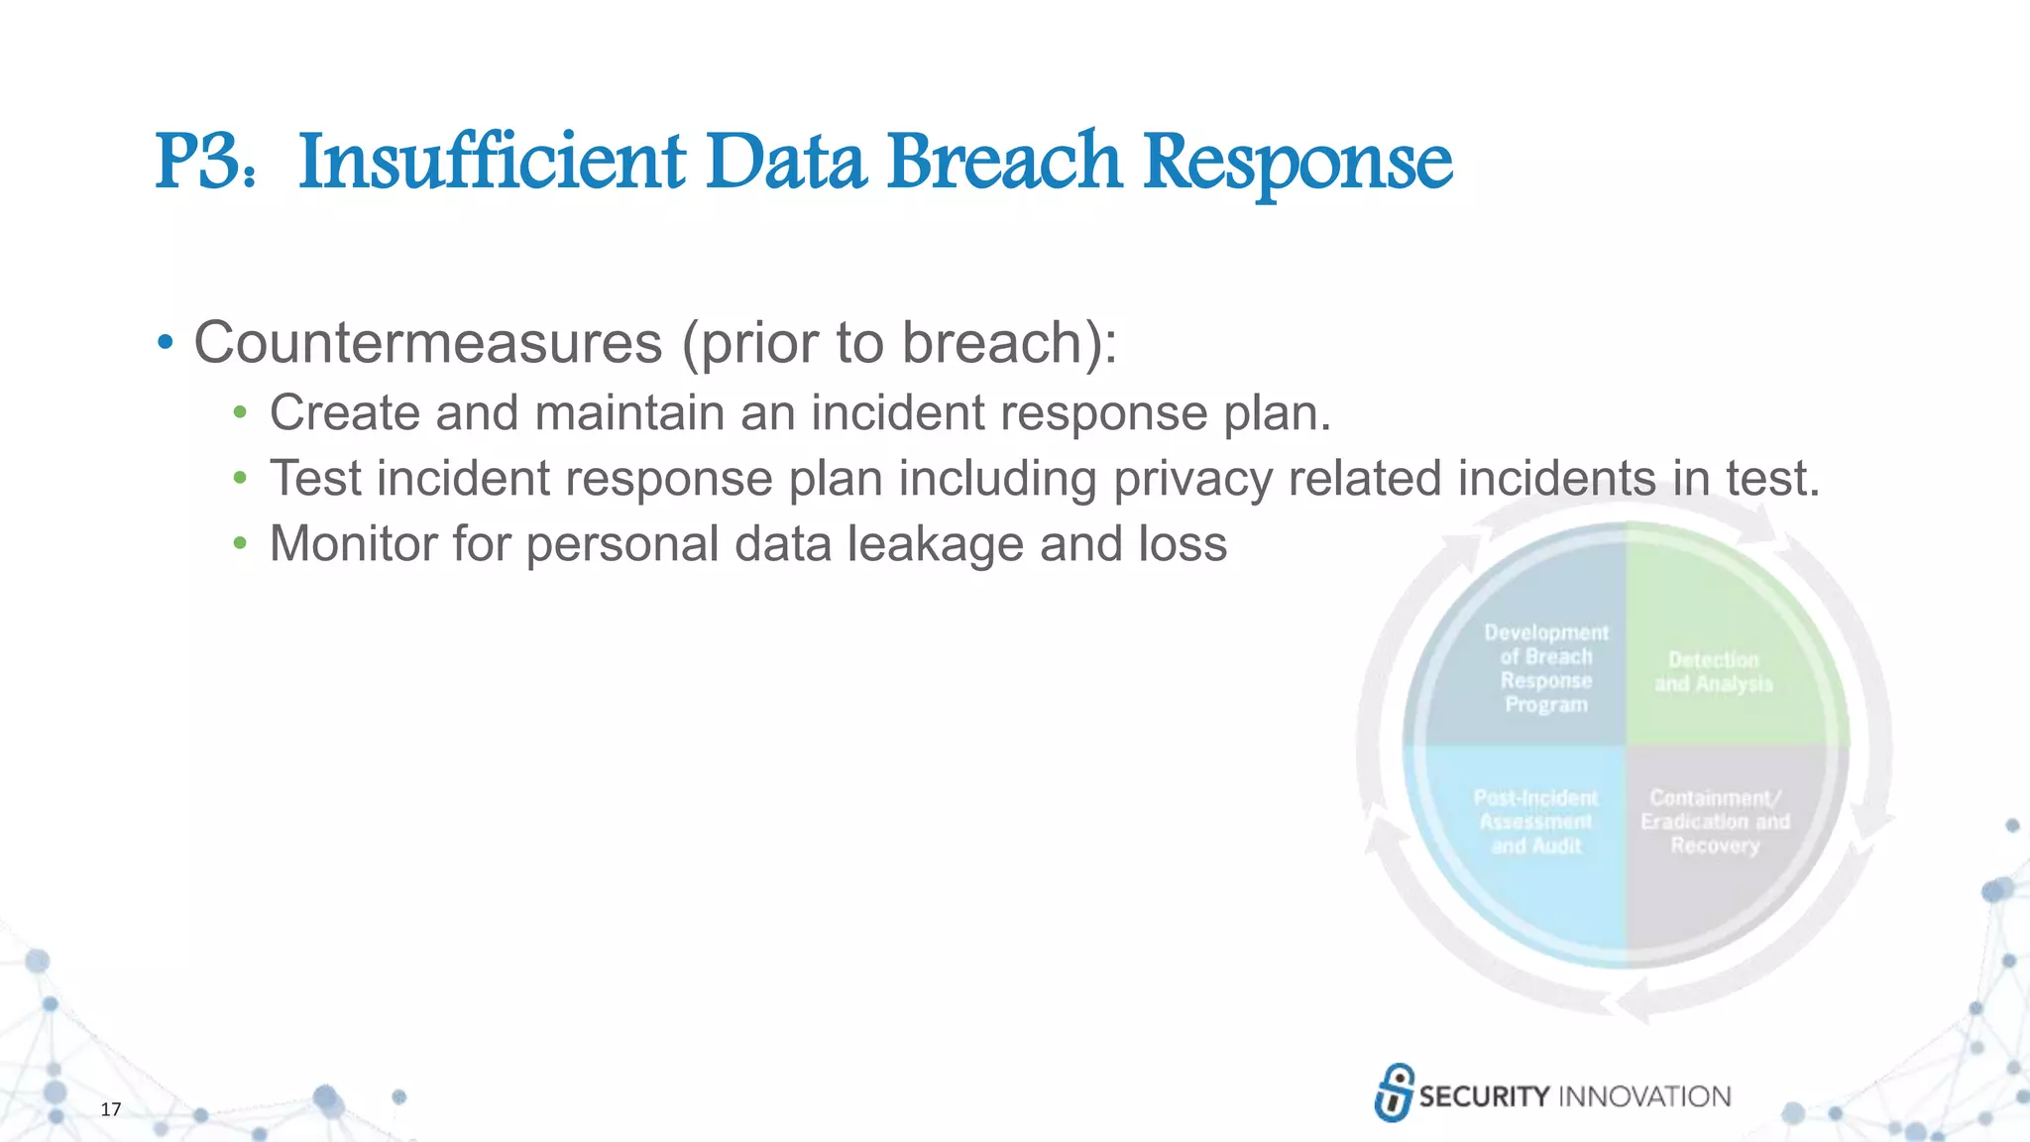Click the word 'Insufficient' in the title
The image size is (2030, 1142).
(492, 163)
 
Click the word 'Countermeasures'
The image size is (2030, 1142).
(427, 343)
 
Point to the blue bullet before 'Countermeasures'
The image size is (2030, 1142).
(166, 344)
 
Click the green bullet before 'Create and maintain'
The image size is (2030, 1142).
(239, 412)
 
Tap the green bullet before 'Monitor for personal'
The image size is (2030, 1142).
(239, 543)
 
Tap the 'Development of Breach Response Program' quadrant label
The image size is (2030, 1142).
(1545, 668)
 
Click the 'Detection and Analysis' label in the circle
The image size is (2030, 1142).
(1713, 672)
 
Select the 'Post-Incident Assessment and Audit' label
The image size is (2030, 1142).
(1535, 822)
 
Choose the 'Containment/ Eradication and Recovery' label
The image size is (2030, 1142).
(1715, 822)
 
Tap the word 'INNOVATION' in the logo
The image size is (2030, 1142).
(1644, 1096)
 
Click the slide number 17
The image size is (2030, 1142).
(111, 1109)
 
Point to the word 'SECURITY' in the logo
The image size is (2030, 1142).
(1484, 1096)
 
